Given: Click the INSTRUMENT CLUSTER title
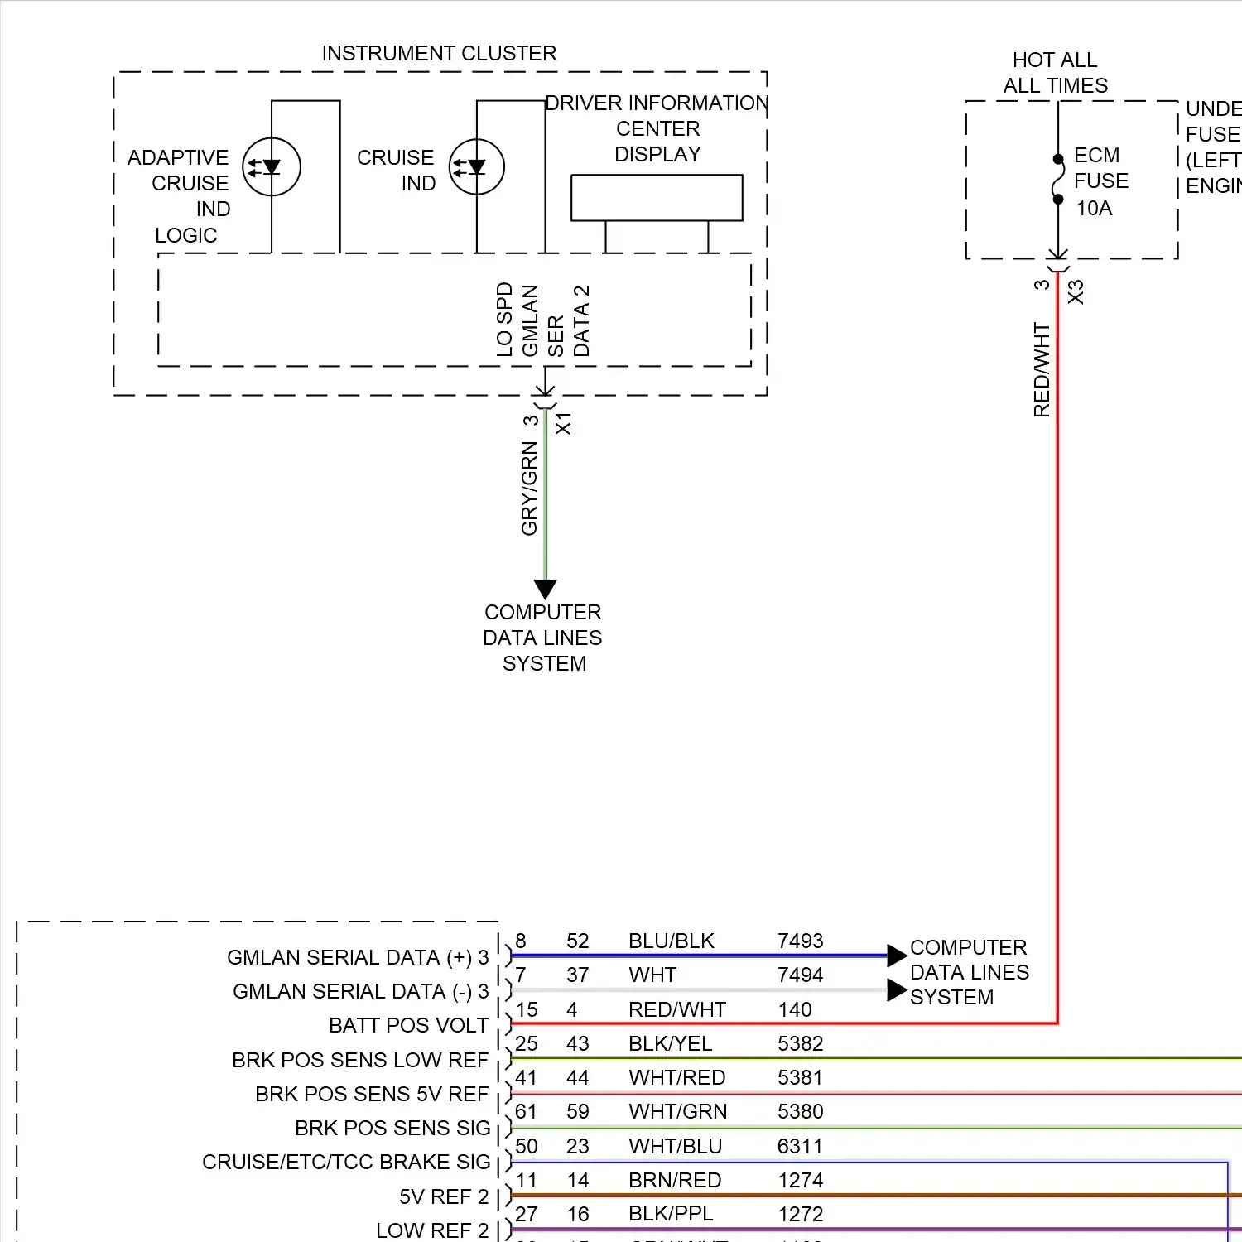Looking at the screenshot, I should pos(439,54).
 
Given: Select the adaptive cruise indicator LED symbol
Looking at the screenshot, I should pos(272,167).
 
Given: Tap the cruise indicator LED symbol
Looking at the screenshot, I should pos(477,167).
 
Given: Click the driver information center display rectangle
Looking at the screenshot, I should pos(657,197).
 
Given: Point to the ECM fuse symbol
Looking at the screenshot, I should pos(1058,179).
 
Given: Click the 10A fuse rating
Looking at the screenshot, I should pos(1094,209).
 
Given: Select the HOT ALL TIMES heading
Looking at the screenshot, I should pos(1056,73).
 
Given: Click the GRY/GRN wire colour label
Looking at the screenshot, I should pos(529,489).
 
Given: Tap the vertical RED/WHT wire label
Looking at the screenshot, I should pos(1042,370).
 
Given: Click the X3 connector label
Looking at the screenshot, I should pos(1076,292).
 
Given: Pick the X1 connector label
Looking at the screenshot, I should pos(564,423).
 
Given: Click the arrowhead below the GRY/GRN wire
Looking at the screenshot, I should pos(545,589).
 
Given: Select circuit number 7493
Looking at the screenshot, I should pos(801,941).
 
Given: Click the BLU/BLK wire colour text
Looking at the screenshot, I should pos(672,941).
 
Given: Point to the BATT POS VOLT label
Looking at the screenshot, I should pos(408,1026).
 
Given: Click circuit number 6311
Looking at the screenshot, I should pos(800,1147).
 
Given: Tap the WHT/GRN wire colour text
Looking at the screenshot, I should pos(678,1112).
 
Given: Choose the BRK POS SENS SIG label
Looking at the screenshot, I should pos(392,1129).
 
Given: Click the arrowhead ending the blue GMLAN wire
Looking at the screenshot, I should pos(897,956).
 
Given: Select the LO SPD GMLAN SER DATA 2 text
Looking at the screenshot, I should pos(543,320).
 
